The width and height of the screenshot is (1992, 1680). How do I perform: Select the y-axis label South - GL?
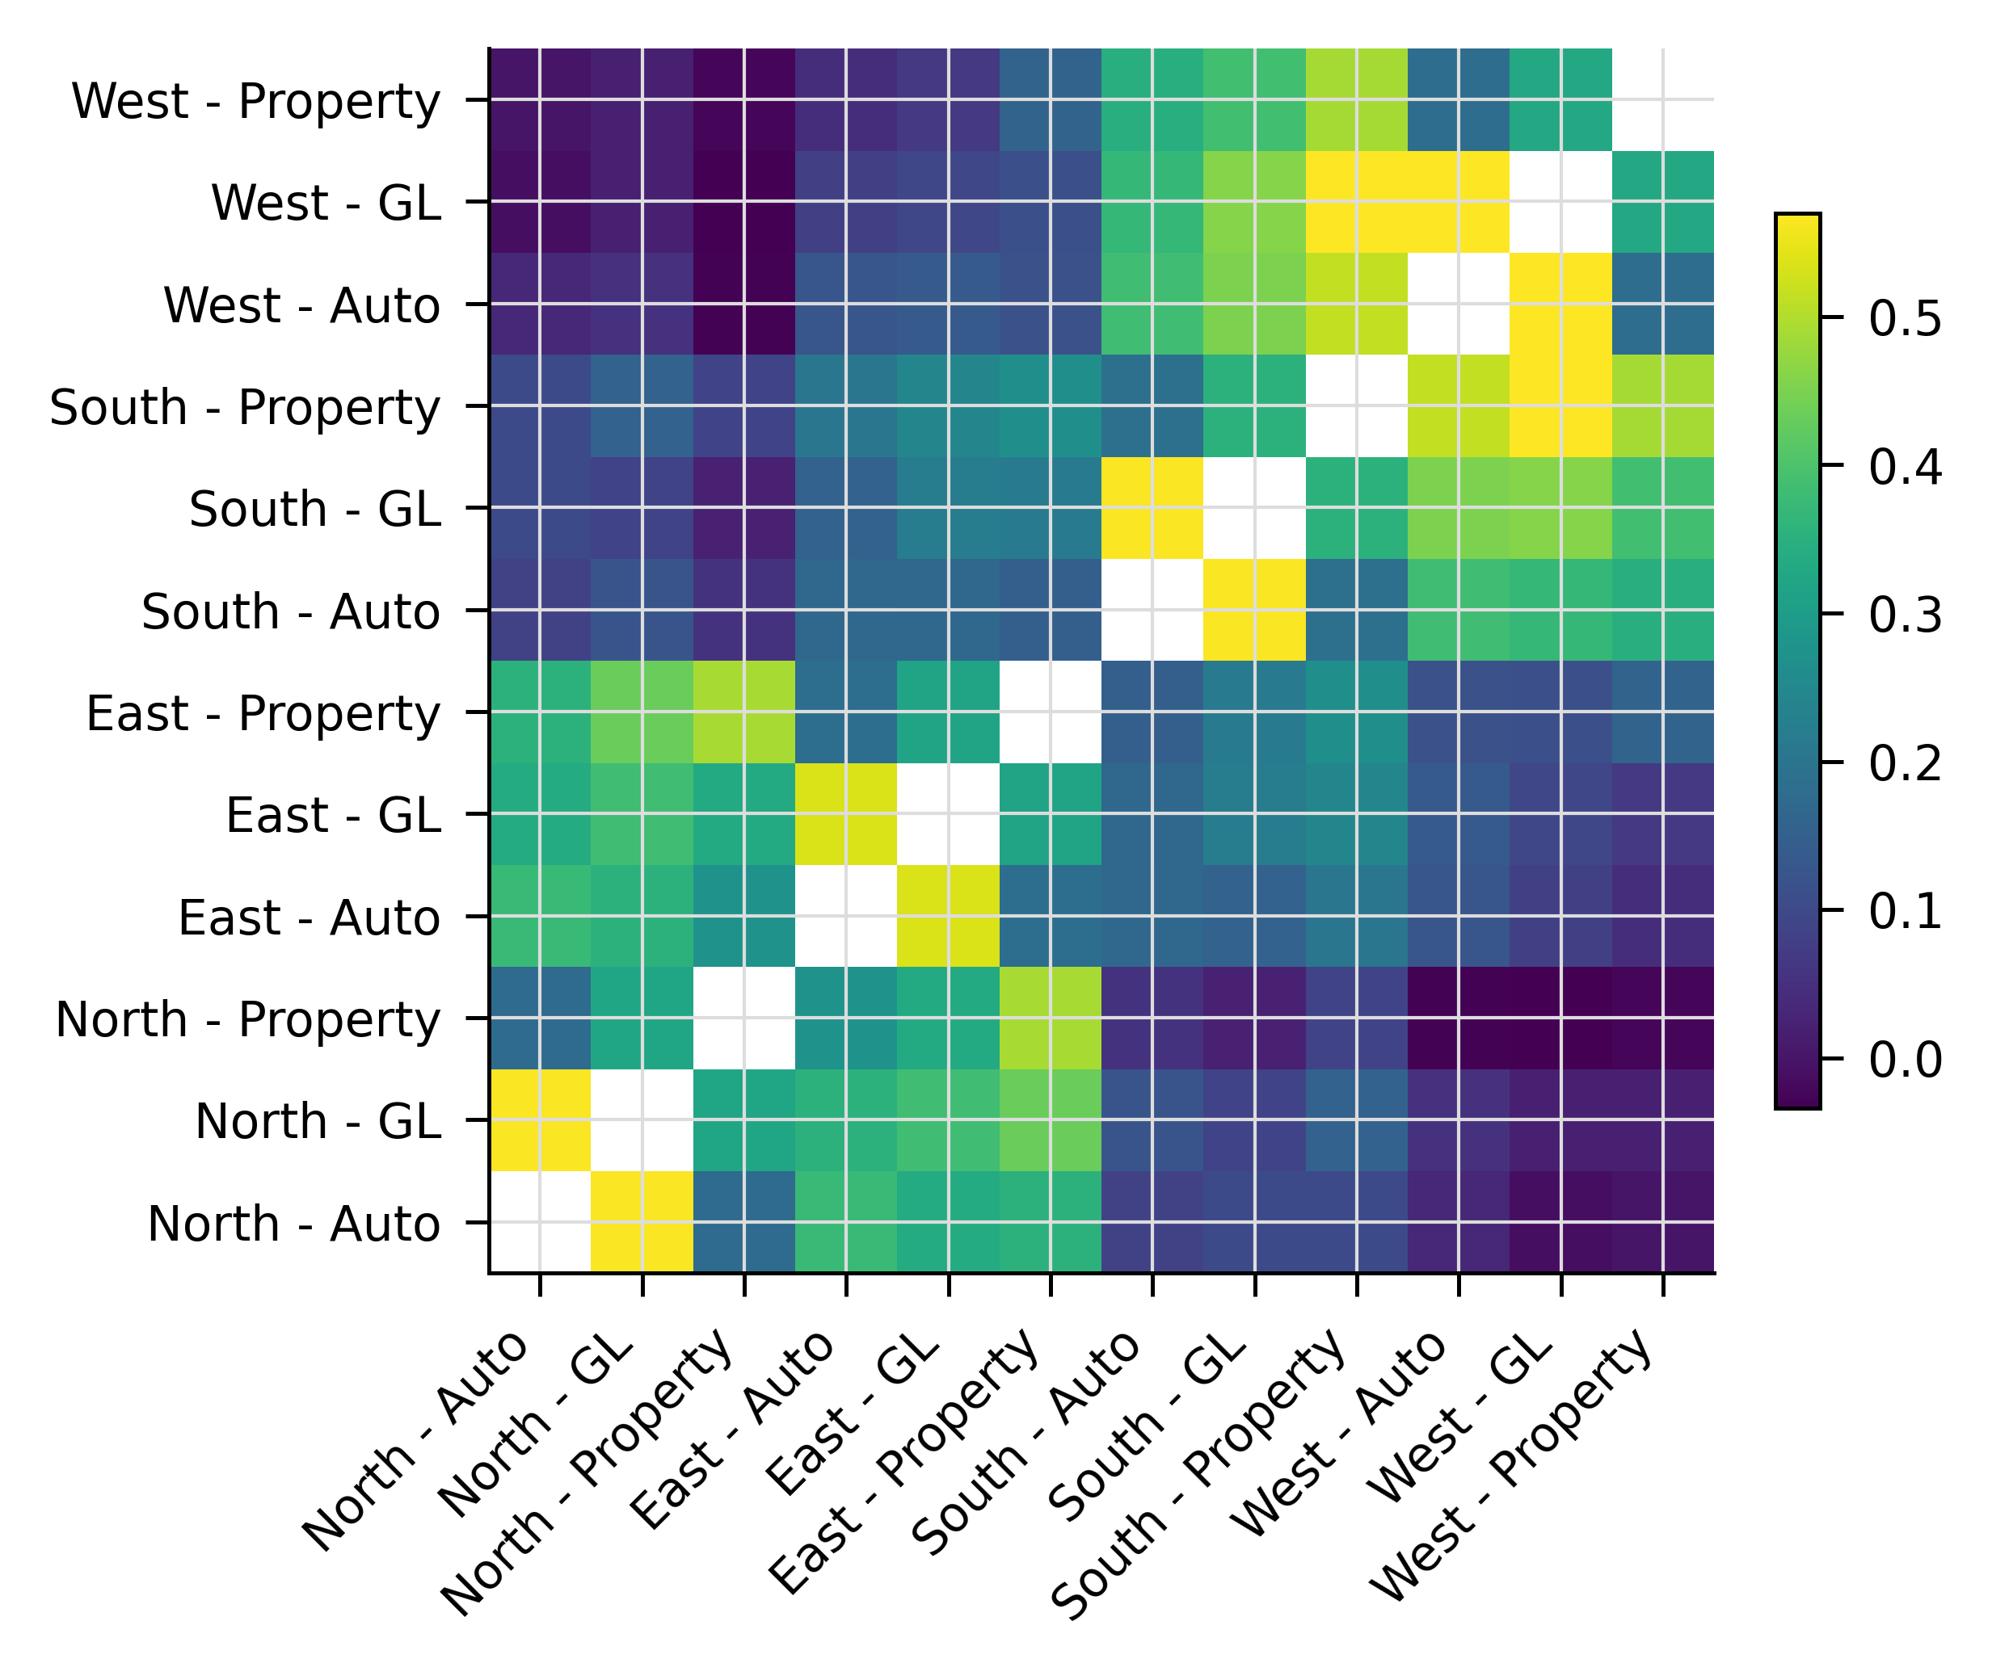314,509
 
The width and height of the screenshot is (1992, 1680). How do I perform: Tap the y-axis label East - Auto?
309,918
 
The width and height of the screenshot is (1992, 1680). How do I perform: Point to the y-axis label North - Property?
248,1019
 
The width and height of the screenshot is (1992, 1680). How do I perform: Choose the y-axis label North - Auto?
293,1224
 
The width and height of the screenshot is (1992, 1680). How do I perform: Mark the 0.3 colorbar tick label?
1905,615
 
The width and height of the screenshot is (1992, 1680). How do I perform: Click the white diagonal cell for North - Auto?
540,1222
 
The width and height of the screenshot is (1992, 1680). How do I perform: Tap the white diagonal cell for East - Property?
1051,712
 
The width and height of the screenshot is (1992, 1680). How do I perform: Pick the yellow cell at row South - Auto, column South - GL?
1255,610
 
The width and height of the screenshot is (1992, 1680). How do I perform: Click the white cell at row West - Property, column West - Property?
1662,99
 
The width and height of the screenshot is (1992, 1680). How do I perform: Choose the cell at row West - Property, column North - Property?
744,99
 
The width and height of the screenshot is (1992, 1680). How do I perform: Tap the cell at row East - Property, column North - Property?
744,712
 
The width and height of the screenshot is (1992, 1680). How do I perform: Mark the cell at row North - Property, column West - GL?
1560,1018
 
